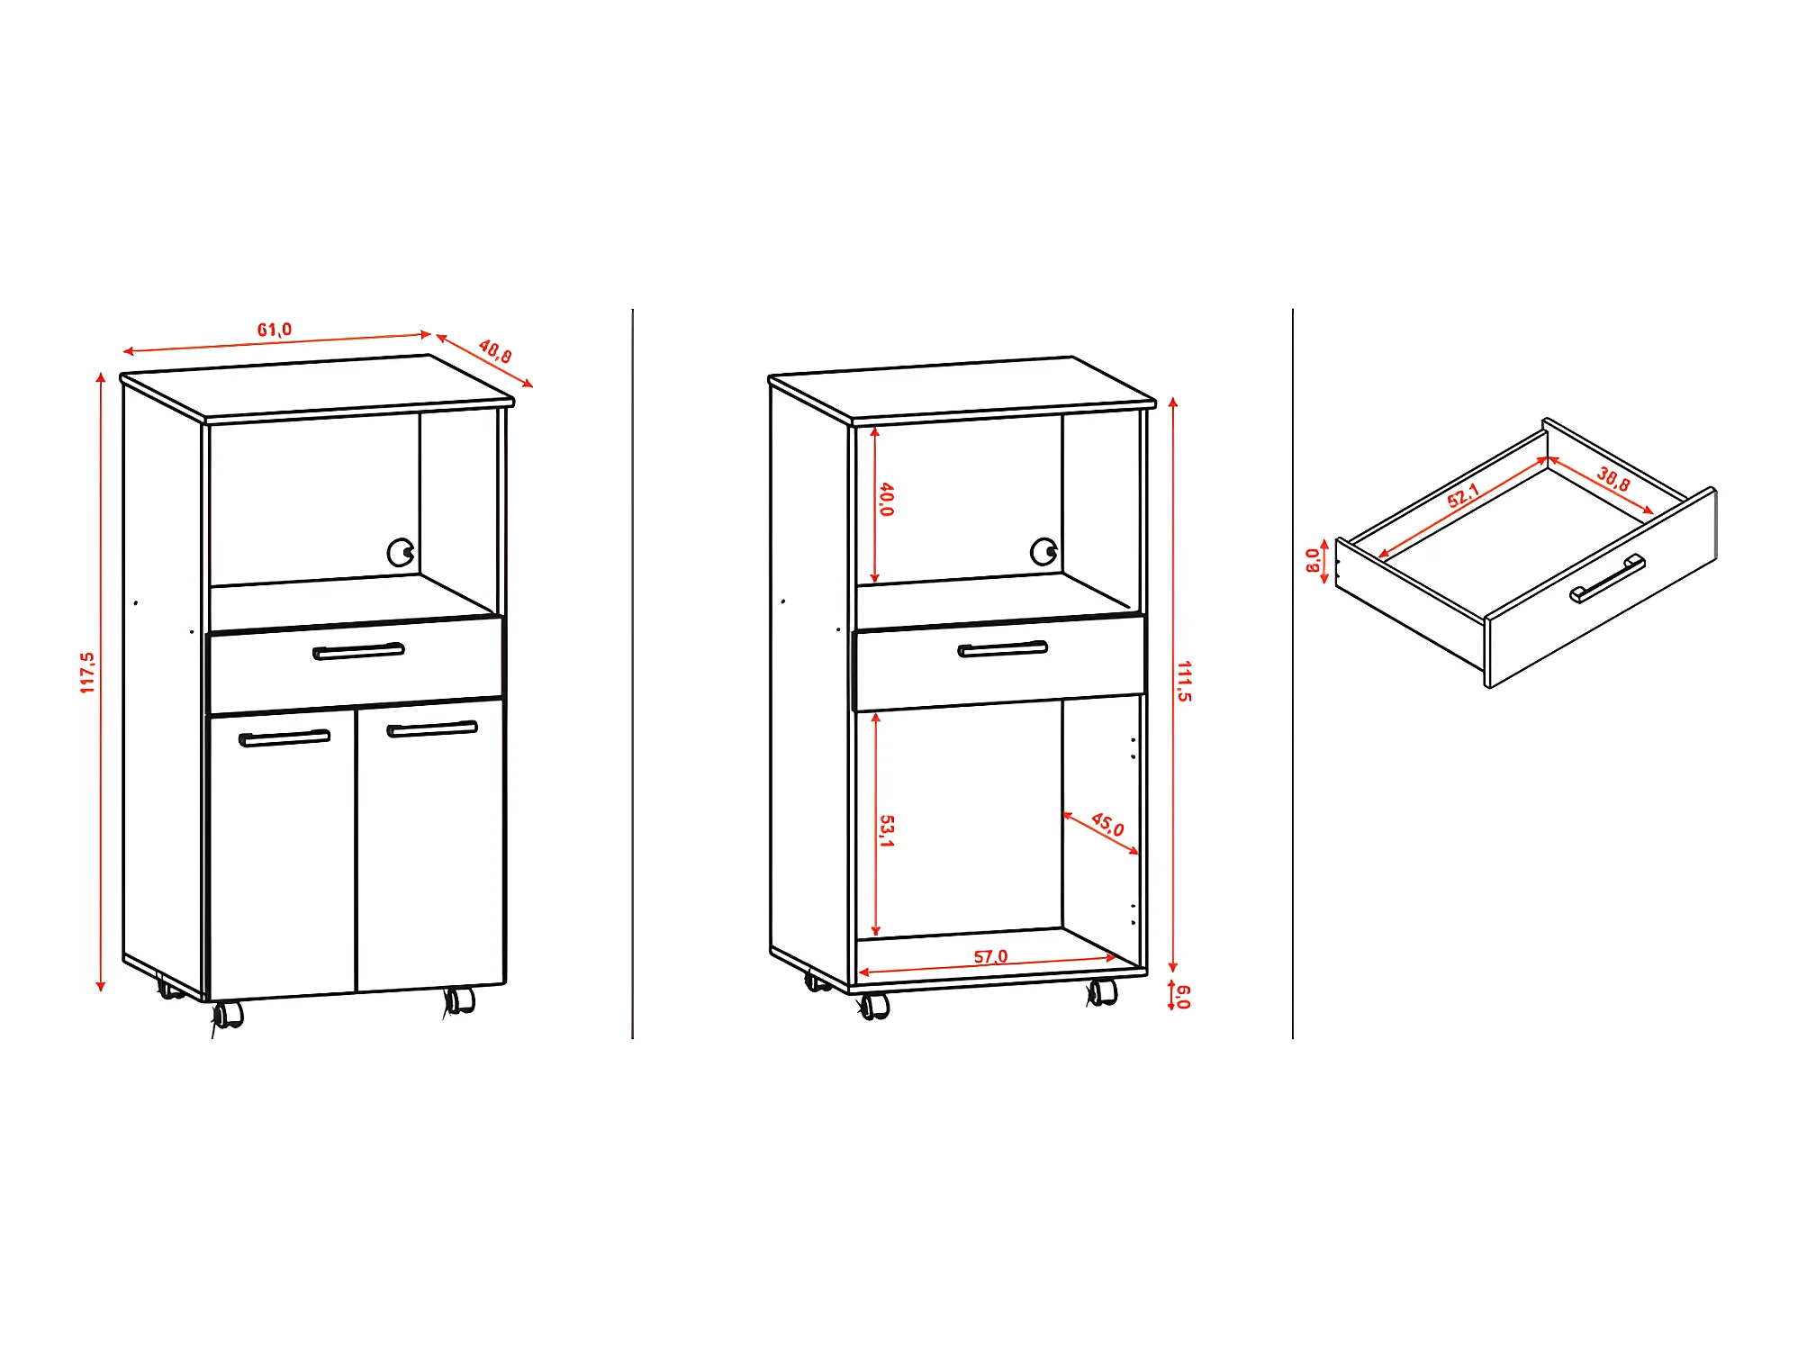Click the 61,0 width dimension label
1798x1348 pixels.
point(275,330)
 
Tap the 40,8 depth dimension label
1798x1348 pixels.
point(495,350)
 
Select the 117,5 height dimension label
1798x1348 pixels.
point(87,673)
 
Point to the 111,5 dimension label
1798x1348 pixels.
point(1184,681)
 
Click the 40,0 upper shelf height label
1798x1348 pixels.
point(886,499)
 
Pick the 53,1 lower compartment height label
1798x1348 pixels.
point(886,830)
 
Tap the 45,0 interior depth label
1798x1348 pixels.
point(1107,824)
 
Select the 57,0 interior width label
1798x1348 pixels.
point(990,956)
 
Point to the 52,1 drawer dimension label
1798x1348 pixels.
point(1463,495)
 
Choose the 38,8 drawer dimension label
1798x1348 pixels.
point(1613,478)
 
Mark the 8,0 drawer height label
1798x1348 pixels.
point(1313,560)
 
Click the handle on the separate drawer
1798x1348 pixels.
point(1607,579)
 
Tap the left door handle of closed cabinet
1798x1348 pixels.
point(285,738)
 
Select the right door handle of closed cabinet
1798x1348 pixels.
point(432,728)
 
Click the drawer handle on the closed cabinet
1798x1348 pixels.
point(358,651)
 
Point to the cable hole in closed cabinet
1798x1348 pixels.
point(401,552)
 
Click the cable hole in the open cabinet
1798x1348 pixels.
point(1044,551)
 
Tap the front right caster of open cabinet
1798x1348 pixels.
point(1102,992)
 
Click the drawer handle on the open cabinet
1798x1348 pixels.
point(1003,648)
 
